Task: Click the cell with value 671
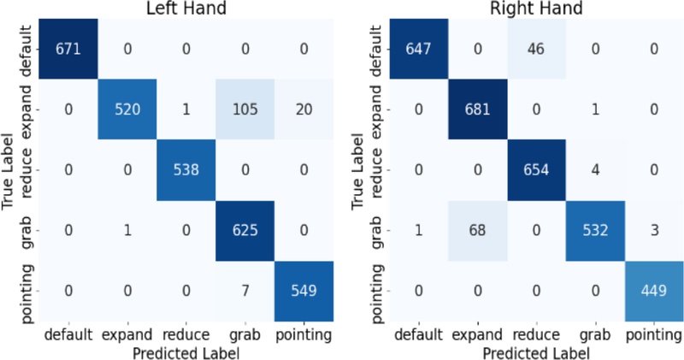click(68, 48)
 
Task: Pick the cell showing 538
click(186, 168)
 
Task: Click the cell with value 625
click(245, 229)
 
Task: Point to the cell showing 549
click(304, 290)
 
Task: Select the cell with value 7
click(245, 290)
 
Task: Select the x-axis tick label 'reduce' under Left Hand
click(186, 333)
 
